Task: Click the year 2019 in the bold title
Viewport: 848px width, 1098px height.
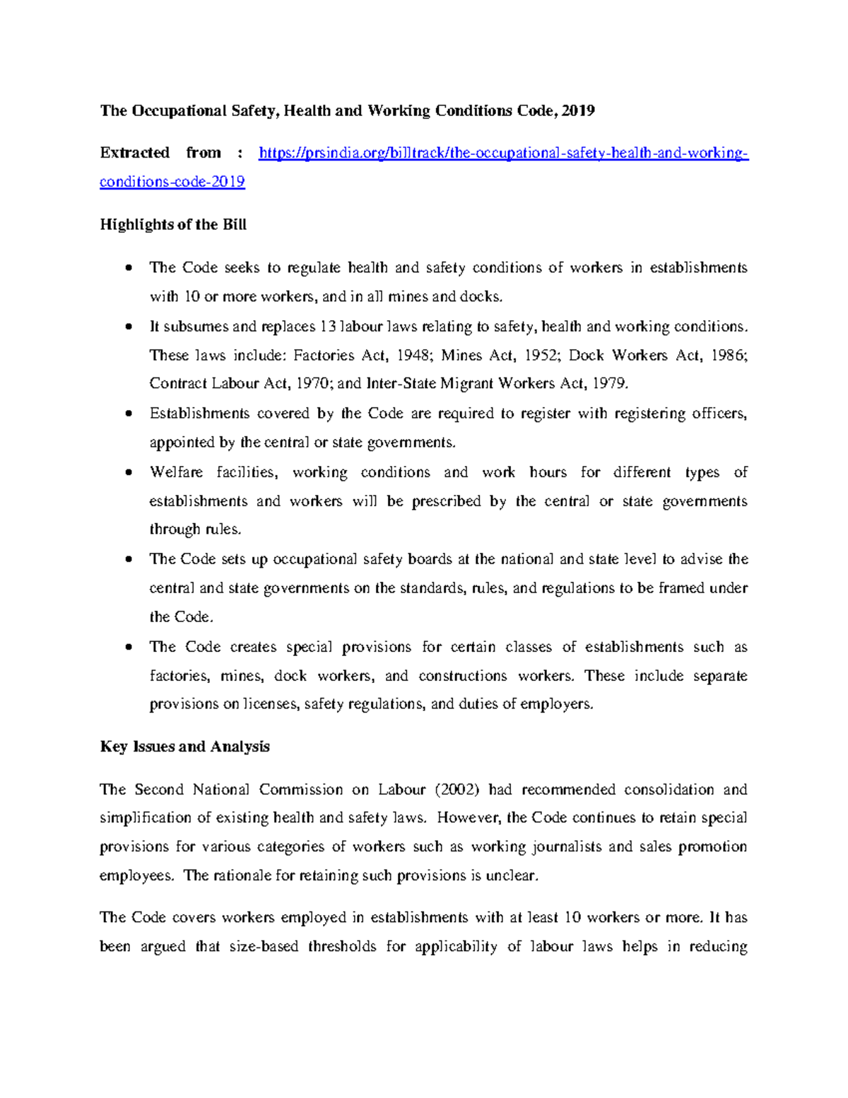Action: [x=579, y=111]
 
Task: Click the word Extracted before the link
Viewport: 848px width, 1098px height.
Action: [x=134, y=153]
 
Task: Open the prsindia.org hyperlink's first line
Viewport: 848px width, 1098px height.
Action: [x=503, y=153]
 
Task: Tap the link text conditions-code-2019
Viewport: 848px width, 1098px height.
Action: [x=172, y=182]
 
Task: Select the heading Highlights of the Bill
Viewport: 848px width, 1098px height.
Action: [x=173, y=225]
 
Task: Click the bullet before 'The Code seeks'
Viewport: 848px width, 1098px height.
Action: [x=128, y=268]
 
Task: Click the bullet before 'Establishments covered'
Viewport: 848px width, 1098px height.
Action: [x=128, y=414]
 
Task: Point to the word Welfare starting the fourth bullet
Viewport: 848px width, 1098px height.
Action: [x=176, y=472]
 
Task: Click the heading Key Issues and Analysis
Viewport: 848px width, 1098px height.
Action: [x=185, y=747]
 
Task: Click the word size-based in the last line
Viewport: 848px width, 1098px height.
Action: [x=264, y=947]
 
